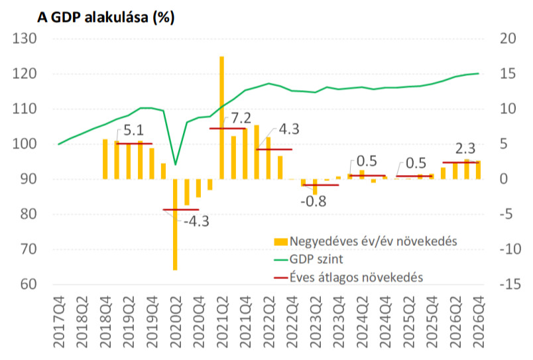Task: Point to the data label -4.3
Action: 196,221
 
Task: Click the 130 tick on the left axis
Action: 24,39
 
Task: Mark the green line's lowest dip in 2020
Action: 175,164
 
